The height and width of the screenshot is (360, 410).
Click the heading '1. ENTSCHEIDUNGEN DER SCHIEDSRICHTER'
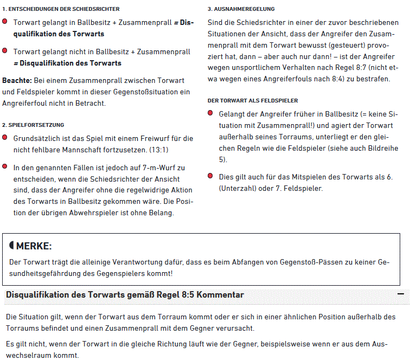point(61,9)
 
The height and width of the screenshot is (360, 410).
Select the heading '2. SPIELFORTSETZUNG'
point(33,125)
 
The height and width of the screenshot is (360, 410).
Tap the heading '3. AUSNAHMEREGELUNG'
point(241,9)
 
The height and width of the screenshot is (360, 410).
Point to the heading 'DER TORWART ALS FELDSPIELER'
point(252,101)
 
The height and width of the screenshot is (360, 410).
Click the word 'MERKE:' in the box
point(34,246)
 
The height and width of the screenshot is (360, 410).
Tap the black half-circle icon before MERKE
point(11,246)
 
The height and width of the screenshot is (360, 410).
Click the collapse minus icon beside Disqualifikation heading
point(400,294)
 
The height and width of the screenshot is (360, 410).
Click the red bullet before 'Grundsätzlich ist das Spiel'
point(5,138)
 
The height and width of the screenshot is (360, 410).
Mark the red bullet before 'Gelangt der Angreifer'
point(210,113)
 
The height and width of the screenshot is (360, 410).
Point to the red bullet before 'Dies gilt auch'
point(210,176)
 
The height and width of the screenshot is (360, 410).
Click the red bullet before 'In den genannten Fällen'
point(5,167)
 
